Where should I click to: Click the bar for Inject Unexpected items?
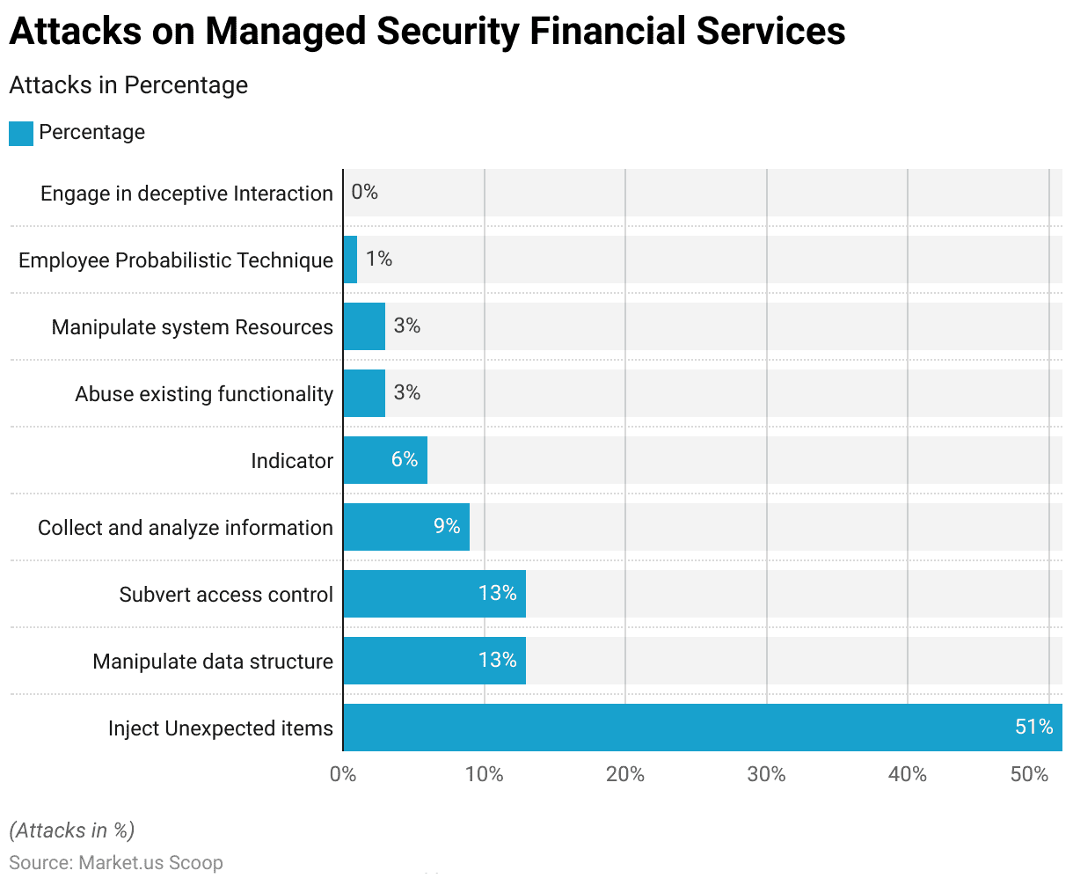click(702, 728)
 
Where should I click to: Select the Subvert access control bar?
click(434, 594)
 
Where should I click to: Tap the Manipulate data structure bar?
click(434, 661)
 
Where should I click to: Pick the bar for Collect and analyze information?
click(406, 527)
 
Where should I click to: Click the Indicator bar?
click(385, 460)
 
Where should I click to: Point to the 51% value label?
click(1033, 727)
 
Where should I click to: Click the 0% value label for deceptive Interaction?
click(364, 192)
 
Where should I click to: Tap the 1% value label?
click(379, 259)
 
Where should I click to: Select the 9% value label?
click(447, 526)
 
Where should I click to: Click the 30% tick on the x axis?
click(766, 774)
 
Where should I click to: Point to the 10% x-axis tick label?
click(484, 774)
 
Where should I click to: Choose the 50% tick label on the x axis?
click(1029, 774)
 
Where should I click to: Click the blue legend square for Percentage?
click(21, 134)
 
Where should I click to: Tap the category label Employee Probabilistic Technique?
click(176, 260)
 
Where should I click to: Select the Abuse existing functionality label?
click(204, 394)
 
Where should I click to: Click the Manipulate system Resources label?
click(193, 327)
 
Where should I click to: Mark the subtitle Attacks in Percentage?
click(128, 85)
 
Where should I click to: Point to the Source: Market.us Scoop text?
click(116, 862)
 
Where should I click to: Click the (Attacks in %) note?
click(72, 830)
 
